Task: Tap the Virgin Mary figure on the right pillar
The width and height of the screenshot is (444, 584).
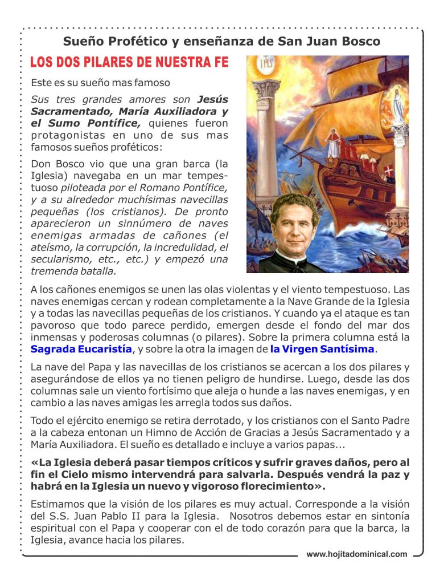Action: pos(400,102)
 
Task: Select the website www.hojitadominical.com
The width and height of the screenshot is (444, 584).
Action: pos(357,554)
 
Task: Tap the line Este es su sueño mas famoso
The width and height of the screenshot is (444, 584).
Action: pos(100,82)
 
